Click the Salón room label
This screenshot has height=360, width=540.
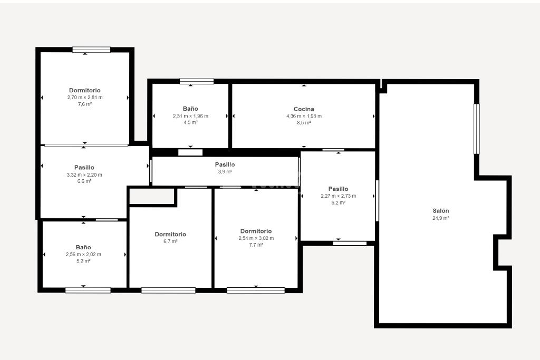(x=441, y=211)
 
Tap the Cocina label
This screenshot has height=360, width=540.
(x=304, y=109)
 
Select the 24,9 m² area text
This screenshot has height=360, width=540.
(x=441, y=218)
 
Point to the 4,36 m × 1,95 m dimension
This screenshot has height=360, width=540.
(x=304, y=116)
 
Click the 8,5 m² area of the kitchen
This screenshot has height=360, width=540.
(x=304, y=122)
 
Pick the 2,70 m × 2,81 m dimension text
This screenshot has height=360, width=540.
(x=85, y=98)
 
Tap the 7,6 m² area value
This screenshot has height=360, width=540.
(x=85, y=104)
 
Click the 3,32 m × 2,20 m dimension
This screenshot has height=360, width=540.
(x=84, y=174)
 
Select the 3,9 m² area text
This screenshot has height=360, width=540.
(x=225, y=171)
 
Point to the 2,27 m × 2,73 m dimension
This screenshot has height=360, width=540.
(x=338, y=196)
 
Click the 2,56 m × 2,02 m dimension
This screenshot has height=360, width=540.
(x=83, y=255)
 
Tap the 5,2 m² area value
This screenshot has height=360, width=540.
(x=83, y=261)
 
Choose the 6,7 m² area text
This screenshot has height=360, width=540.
(x=170, y=241)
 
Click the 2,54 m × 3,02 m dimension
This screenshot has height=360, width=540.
(x=256, y=238)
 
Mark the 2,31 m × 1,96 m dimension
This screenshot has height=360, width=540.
(x=190, y=116)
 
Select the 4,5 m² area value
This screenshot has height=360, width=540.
(x=190, y=122)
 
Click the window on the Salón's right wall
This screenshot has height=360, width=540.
(x=477, y=129)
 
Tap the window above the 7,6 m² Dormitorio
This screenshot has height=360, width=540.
(x=91, y=50)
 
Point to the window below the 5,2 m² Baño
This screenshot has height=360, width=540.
(x=88, y=290)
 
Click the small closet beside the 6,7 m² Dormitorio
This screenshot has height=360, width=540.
(x=151, y=196)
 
